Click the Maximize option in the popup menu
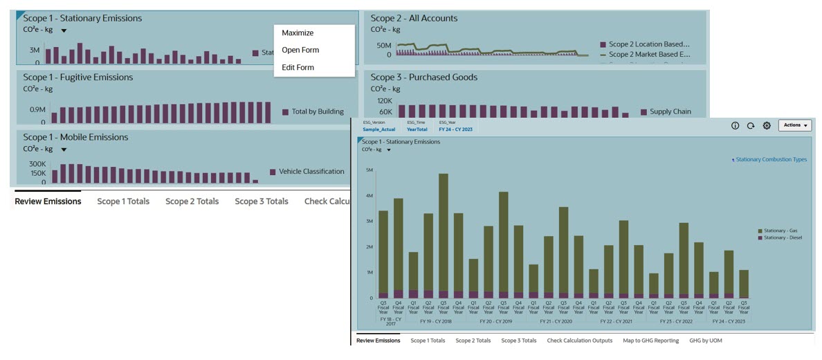[298, 33]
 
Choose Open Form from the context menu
[300, 50]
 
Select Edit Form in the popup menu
[298, 67]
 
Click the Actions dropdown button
[794, 125]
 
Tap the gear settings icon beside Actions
[767, 126]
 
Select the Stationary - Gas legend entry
[780, 230]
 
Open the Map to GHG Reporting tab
[650, 341]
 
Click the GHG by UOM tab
[705, 341]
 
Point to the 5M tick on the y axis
[369, 170]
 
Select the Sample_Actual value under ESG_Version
[378, 129]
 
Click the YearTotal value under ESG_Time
[417, 129]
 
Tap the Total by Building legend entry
[318, 111]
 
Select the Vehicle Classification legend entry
[311, 171]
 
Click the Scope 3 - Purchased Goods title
[423, 77]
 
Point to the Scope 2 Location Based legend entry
[649, 44]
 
